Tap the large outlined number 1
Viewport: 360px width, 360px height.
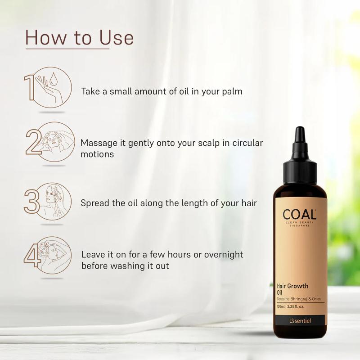[29, 88]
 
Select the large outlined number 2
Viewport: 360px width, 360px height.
[33, 143]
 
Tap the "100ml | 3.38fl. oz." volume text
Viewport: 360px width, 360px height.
[294, 307]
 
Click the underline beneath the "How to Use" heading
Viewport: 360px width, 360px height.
[67, 49]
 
